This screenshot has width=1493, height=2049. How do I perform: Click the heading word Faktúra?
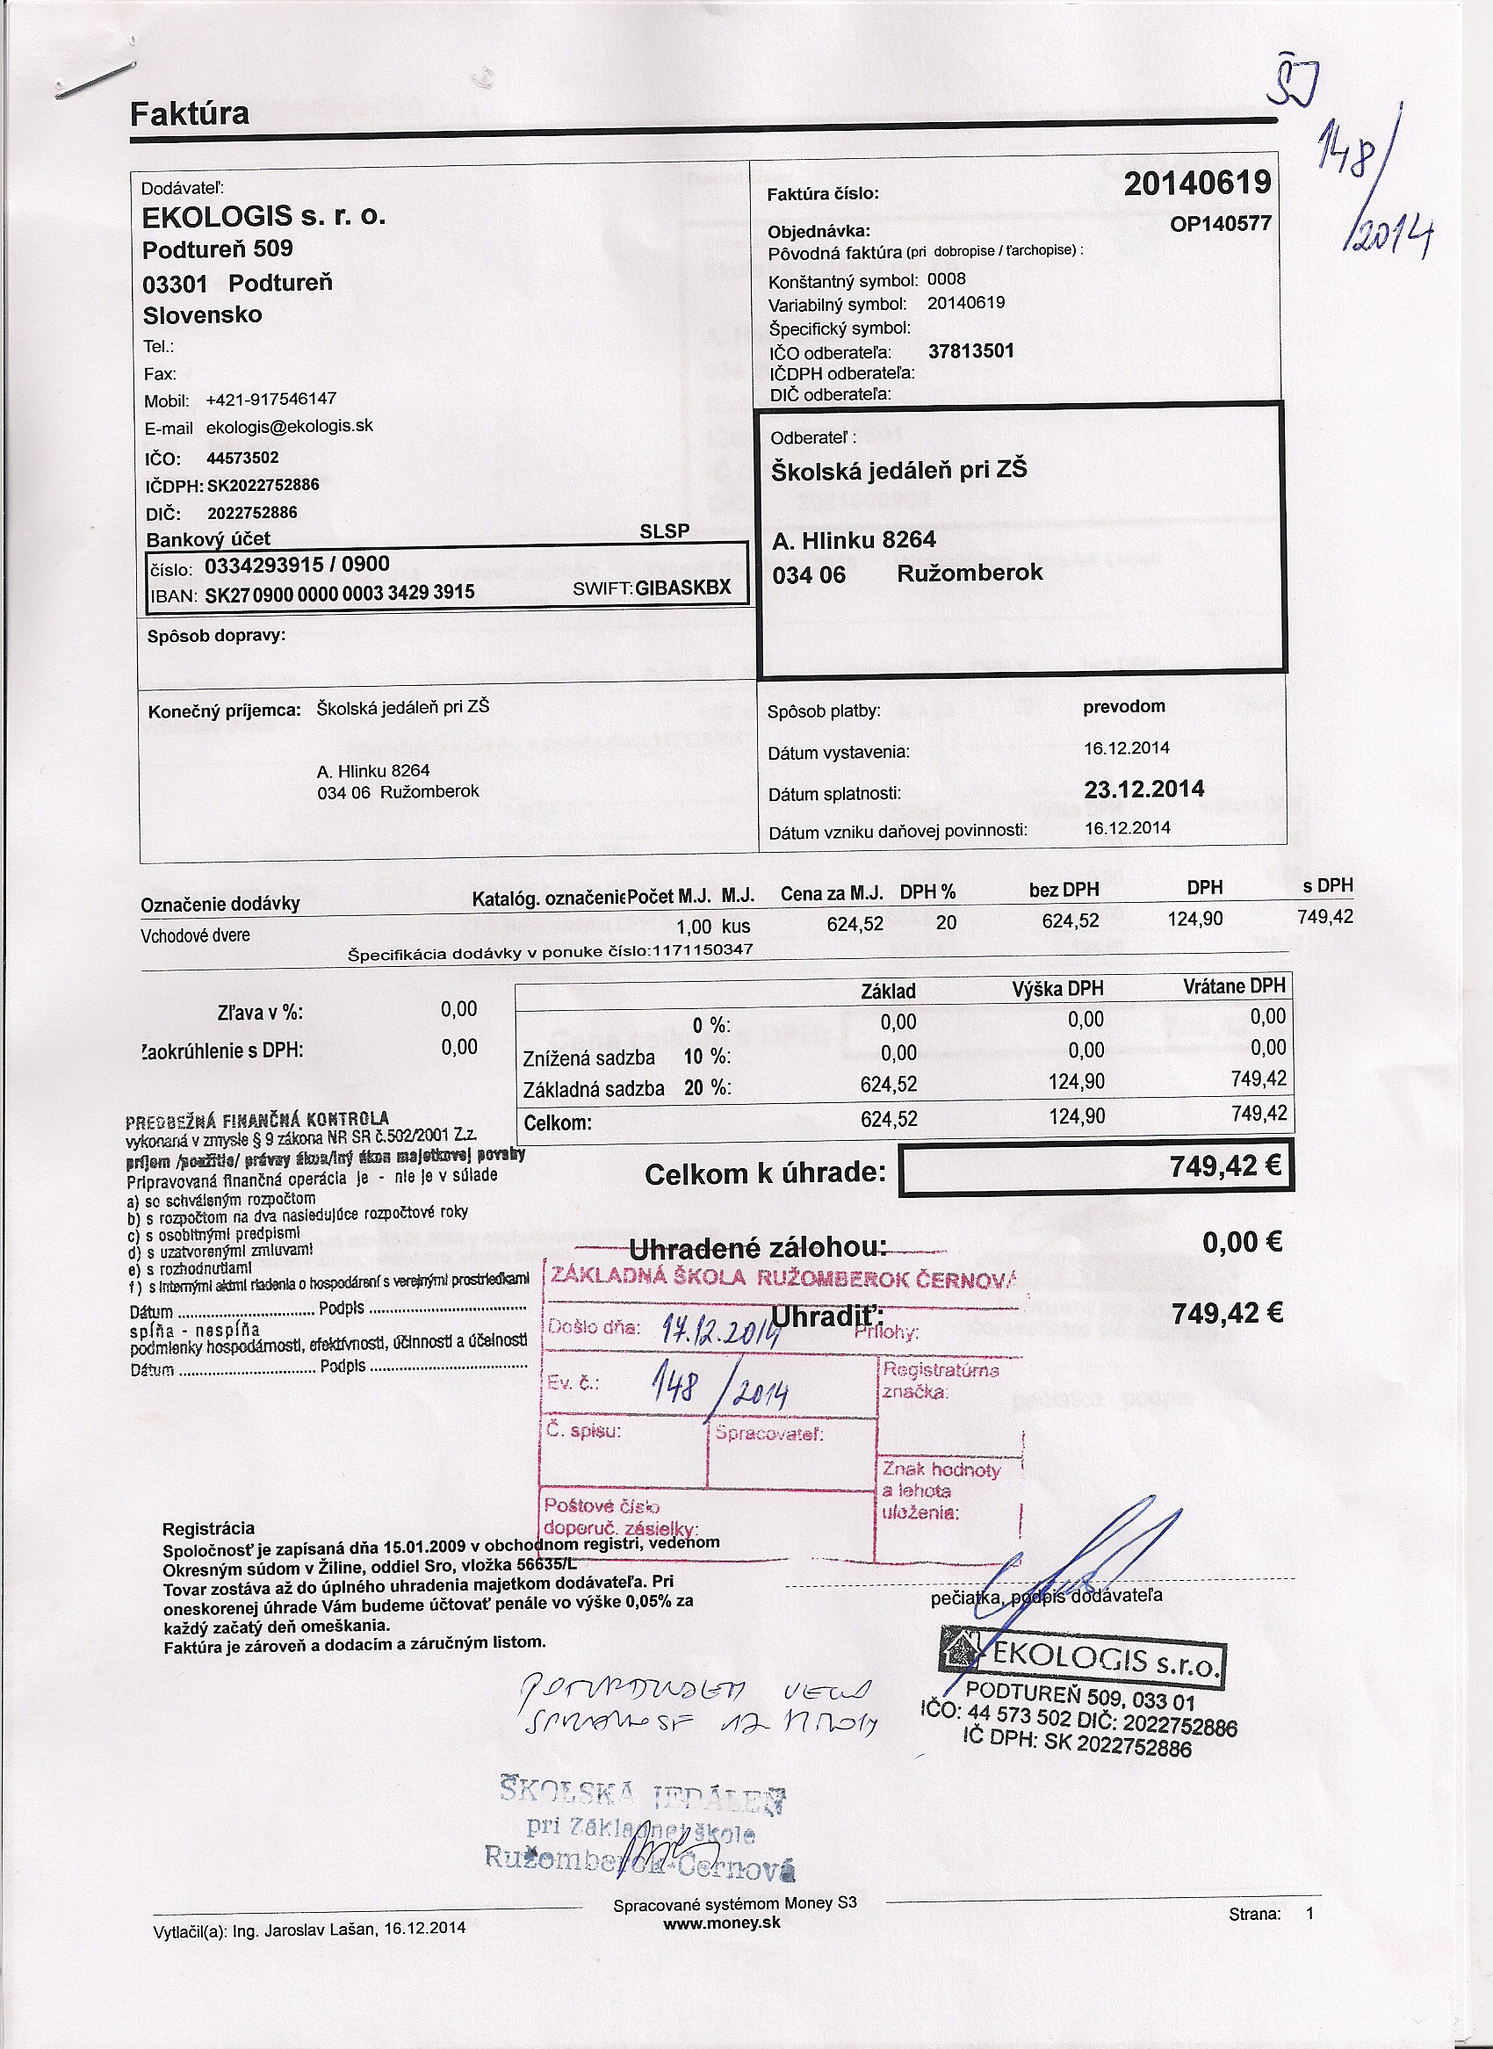[189, 114]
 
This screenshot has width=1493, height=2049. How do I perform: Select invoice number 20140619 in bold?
[1196, 184]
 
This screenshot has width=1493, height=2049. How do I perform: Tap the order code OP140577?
[1220, 223]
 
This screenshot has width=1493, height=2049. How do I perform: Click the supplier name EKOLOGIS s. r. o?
[263, 217]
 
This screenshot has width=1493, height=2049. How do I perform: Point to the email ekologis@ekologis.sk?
[289, 427]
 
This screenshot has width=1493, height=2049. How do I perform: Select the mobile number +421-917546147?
[271, 399]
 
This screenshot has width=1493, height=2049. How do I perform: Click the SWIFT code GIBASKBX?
[682, 588]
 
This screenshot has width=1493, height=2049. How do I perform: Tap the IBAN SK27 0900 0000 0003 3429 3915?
[340, 593]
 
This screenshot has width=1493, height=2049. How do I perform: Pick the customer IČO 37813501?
[970, 350]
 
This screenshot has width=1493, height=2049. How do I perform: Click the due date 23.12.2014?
[1143, 788]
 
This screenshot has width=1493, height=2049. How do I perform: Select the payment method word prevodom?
[1123, 706]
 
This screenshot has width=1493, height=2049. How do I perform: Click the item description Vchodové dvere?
[194, 935]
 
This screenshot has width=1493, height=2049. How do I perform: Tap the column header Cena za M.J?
[832, 894]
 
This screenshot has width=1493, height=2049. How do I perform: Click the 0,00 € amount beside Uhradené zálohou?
[1242, 1243]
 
